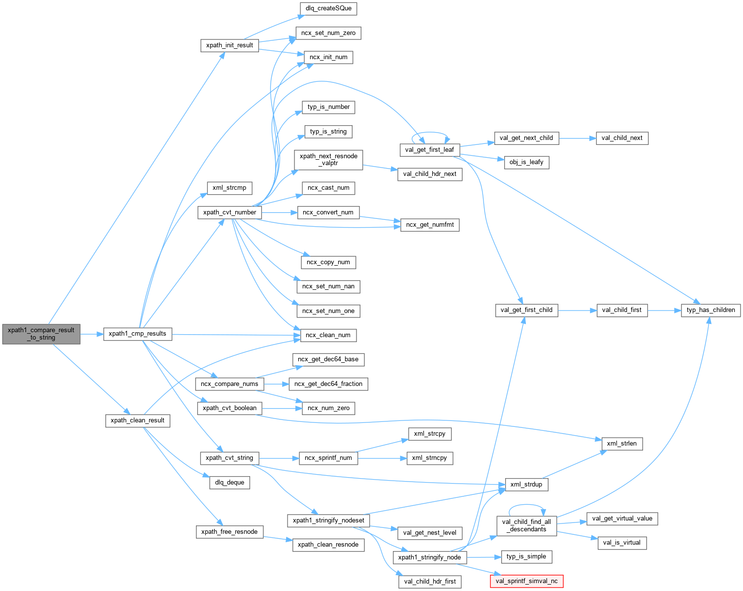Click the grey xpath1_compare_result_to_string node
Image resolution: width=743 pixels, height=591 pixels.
[x=41, y=334]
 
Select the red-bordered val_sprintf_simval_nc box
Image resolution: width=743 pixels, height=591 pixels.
[x=526, y=581]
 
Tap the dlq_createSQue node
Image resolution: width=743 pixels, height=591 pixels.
[x=328, y=8]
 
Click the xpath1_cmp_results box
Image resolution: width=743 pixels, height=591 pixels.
[x=137, y=334]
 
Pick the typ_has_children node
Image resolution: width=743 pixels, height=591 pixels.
[x=711, y=310]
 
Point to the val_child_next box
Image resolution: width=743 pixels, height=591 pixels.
[x=622, y=138]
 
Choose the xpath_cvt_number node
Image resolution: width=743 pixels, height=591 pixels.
[x=229, y=212]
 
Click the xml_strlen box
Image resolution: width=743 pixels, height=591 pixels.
[x=621, y=444]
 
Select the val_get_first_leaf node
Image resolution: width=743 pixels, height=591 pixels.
[x=429, y=150]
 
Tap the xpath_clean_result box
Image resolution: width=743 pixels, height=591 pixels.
[x=137, y=420]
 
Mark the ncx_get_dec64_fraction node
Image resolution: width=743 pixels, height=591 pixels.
[x=328, y=384]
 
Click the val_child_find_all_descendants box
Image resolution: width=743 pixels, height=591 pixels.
[x=526, y=525]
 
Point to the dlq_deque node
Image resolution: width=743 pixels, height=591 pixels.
[x=229, y=483]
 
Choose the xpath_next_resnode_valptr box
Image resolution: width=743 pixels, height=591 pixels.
[x=328, y=160]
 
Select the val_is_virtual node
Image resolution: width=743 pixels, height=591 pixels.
[x=621, y=543]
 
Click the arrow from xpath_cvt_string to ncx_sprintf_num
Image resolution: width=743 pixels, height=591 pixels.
[x=279, y=458]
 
